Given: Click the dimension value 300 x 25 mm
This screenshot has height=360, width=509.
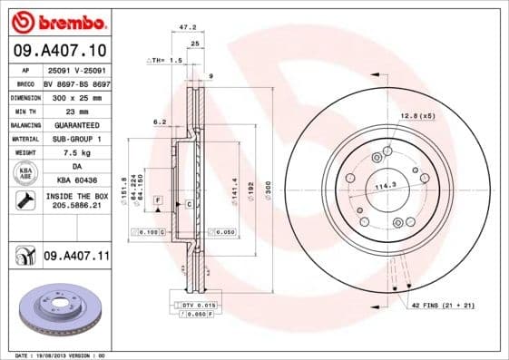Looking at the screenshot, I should [x=76, y=96].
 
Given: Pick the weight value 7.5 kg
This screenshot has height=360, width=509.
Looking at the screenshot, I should [x=76, y=153].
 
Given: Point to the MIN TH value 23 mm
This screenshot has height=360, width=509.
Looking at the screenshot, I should [x=76, y=111].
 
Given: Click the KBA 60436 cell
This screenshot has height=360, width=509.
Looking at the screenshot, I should [x=76, y=181].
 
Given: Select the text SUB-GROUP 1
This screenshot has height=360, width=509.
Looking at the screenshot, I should [x=76, y=139].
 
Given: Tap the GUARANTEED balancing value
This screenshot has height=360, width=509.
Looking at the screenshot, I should [x=76, y=124].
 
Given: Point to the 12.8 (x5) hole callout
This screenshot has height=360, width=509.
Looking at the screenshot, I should [x=416, y=116].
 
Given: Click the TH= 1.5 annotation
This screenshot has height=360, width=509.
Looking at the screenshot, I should [x=165, y=59].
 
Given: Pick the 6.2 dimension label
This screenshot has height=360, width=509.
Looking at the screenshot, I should [x=160, y=121].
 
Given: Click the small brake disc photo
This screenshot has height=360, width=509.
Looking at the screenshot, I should [x=56, y=307].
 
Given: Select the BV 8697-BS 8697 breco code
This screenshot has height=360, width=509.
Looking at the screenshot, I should [x=76, y=82].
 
